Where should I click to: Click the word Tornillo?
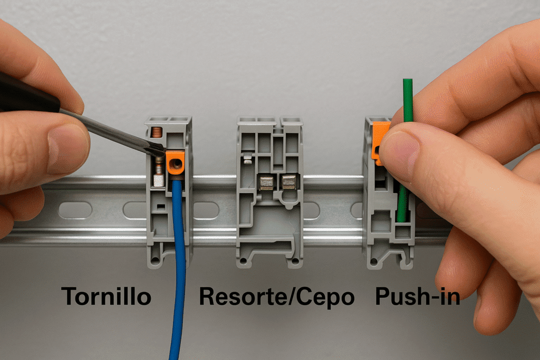click(x=106, y=296)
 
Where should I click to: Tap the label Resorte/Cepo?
click(x=277, y=297)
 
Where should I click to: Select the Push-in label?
click(x=418, y=296)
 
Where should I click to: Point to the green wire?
click(x=407, y=138)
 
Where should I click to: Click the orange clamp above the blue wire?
click(x=176, y=163)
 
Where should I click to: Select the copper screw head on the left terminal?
click(x=157, y=132)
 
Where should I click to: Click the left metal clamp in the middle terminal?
click(x=266, y=183)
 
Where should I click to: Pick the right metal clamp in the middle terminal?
click(x=288, y=182)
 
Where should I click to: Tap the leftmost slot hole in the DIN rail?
click(x=75, y=210)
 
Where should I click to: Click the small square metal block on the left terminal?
click(x=159, y=180)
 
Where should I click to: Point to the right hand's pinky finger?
click(x=496, y=303)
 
